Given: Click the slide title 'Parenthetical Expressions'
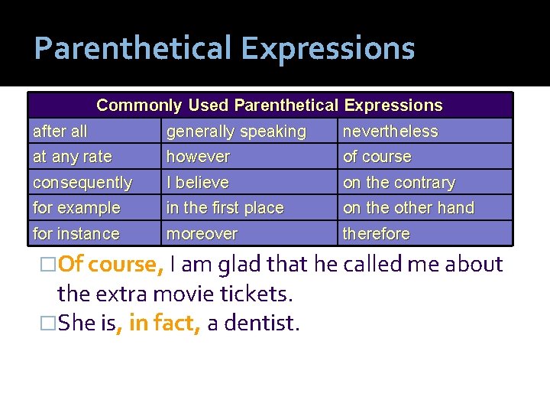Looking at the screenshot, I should click(224, 49).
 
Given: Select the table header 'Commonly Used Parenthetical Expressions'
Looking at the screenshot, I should click(270, 106).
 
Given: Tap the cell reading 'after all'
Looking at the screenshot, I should click(60, 132).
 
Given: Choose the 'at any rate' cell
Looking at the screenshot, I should click(73, 157).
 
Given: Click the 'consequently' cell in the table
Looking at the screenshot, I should click(82, 183).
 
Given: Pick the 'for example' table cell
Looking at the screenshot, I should click(76, 208).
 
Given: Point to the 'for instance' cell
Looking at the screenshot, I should click(76, 233).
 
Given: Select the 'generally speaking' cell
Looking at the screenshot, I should click(236, 132).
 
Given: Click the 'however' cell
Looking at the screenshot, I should click(198, 157).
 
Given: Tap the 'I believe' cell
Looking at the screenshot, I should click(197, 183).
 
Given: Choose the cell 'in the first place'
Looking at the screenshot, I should click(225, 208).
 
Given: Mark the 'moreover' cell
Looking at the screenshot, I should click(202, 233).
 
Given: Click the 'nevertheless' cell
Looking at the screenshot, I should click(390, 132).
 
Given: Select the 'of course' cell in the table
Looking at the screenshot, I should click(377, 157).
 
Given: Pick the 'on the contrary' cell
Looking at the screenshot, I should click(399, 183).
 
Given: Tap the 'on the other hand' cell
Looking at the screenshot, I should click(409, 208).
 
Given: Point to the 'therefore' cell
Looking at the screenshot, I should click(377, 233).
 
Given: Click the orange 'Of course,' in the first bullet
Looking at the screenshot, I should click(111, 265).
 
